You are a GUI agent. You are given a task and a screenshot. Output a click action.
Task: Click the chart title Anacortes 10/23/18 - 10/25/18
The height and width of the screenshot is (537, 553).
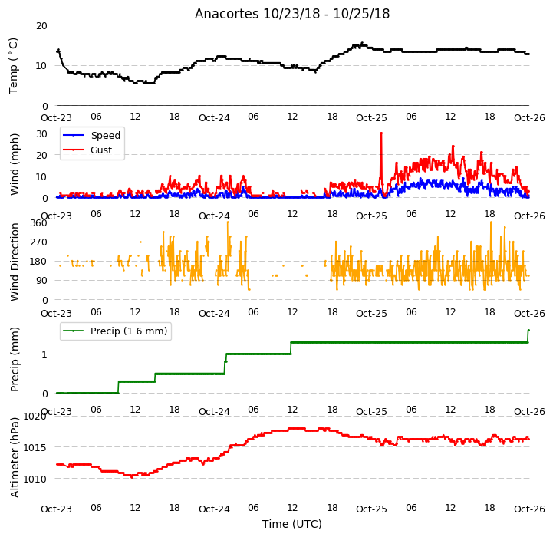(x=292, y=14)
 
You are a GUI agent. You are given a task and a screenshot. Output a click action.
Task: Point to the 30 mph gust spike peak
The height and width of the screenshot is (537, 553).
(x=381, y=133)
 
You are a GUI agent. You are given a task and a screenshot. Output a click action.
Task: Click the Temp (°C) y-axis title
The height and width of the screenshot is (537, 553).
(x=13, y=66)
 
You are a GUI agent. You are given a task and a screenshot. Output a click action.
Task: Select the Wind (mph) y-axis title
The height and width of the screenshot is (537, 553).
(x=14, y=164)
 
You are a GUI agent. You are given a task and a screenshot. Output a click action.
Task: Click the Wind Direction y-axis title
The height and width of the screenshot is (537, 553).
(x=15, y=262)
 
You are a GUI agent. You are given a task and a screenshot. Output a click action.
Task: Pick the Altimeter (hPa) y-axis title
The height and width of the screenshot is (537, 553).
(x=15, y=458)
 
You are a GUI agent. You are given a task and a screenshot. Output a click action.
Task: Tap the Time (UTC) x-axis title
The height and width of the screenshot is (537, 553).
(x=292, y=524)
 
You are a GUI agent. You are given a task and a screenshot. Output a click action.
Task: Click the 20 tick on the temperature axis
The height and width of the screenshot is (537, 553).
(x=41, y=26)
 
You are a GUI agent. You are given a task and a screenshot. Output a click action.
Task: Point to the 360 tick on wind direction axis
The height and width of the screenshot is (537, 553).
(x=39, y=223)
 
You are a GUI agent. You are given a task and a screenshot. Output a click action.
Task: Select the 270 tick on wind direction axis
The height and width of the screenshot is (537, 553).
(x=39, y=242)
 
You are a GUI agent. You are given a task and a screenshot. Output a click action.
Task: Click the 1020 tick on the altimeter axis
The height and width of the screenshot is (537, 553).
(x=35, y=417)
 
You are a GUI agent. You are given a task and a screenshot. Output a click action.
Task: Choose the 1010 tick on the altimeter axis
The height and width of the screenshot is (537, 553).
(x=35, y=479)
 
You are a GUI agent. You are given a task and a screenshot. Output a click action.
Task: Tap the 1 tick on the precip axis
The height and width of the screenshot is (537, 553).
(x=44, y=354)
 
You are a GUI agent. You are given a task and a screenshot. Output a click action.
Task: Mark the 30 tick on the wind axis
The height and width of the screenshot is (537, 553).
(x=41, y=134)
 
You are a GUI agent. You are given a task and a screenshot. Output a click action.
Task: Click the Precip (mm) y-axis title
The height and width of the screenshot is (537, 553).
(x=15, y=360)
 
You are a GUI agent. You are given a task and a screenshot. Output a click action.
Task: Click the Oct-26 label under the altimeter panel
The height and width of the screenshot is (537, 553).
(x=529, y=509)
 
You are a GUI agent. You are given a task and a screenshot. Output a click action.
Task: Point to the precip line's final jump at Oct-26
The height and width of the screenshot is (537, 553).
(x=528, y=336)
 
